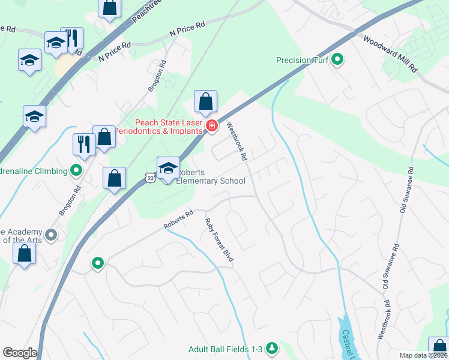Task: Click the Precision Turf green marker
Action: coord(337,60)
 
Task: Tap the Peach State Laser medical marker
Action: coord(211,125)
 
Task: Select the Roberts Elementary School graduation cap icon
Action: coord(168,167)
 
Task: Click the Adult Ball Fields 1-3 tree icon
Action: coord(272,348)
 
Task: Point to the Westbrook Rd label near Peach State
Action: coord(237,142)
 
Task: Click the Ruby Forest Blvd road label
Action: coord(218,239)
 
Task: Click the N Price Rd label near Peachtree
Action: coord(187,28)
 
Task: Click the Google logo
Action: coord(20,353)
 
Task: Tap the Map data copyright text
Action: coord(423,355)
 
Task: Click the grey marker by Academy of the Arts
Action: coord(51,235)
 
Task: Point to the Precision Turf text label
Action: coord(303,60)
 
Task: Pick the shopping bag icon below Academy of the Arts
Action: coord(25,253)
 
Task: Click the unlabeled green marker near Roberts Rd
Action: coord(97,263)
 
